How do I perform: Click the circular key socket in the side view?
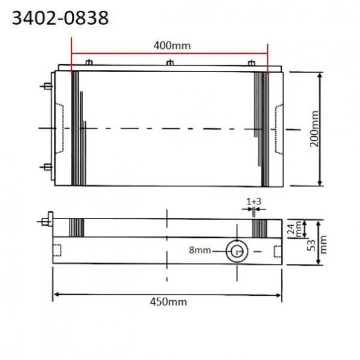pos(236,251)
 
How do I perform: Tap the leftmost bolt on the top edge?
pos(89,63)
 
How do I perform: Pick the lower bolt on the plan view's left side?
pos(47,166)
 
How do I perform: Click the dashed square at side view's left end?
pos(58,250)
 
